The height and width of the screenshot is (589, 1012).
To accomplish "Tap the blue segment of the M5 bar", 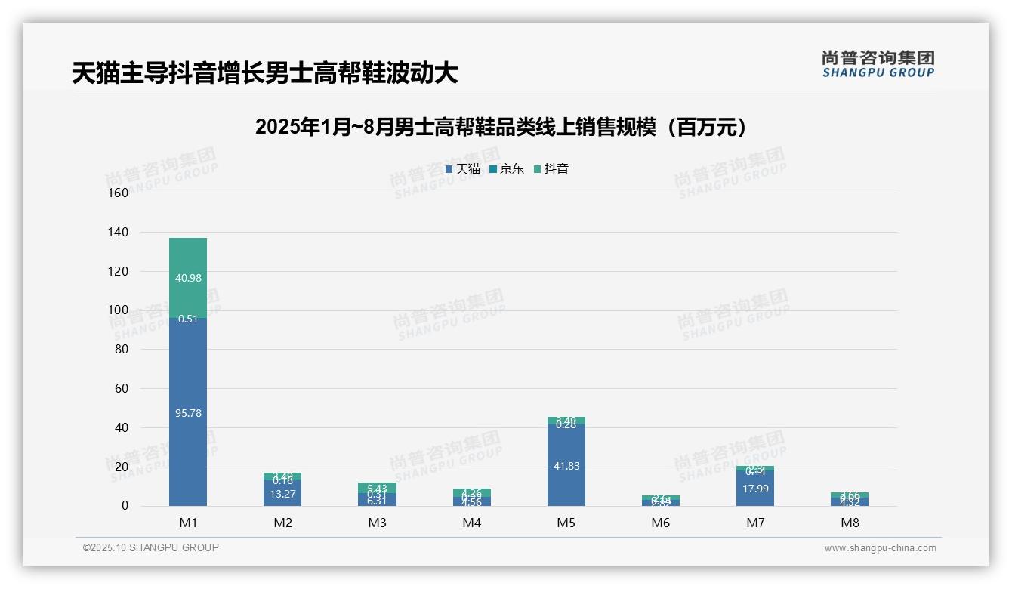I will [566, 483].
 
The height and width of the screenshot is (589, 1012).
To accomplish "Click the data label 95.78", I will [188, 413].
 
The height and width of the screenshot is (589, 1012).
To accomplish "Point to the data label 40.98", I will [188, 278].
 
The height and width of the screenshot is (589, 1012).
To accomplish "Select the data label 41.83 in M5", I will [566, 466].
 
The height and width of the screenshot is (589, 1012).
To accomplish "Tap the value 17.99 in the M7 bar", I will [755, 489].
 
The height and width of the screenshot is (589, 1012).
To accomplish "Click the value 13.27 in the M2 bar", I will [282, 495].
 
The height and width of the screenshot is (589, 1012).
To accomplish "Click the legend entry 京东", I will [506, 169].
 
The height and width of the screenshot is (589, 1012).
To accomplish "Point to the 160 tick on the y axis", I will [119, 193].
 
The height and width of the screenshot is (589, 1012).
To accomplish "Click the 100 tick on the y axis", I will [119, 310].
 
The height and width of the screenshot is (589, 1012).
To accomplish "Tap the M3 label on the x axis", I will [377, 523].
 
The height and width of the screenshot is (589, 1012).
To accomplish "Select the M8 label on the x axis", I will [850, 523].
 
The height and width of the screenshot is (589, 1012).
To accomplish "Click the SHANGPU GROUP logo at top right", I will [878, 64].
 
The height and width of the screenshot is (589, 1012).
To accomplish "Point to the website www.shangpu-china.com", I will [880, 548].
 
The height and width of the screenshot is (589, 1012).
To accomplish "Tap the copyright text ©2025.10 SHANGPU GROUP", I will [151, 547].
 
